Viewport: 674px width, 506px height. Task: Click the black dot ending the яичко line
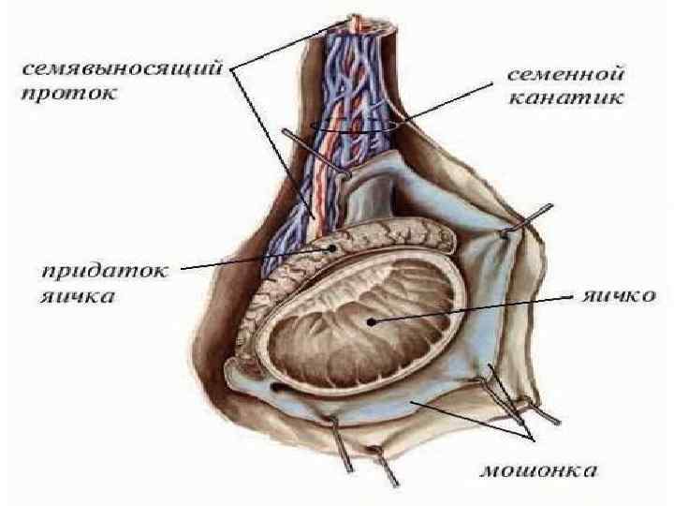[374, 321]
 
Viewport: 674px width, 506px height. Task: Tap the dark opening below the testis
[278, 386]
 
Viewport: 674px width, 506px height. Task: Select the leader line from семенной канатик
[440, 103]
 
